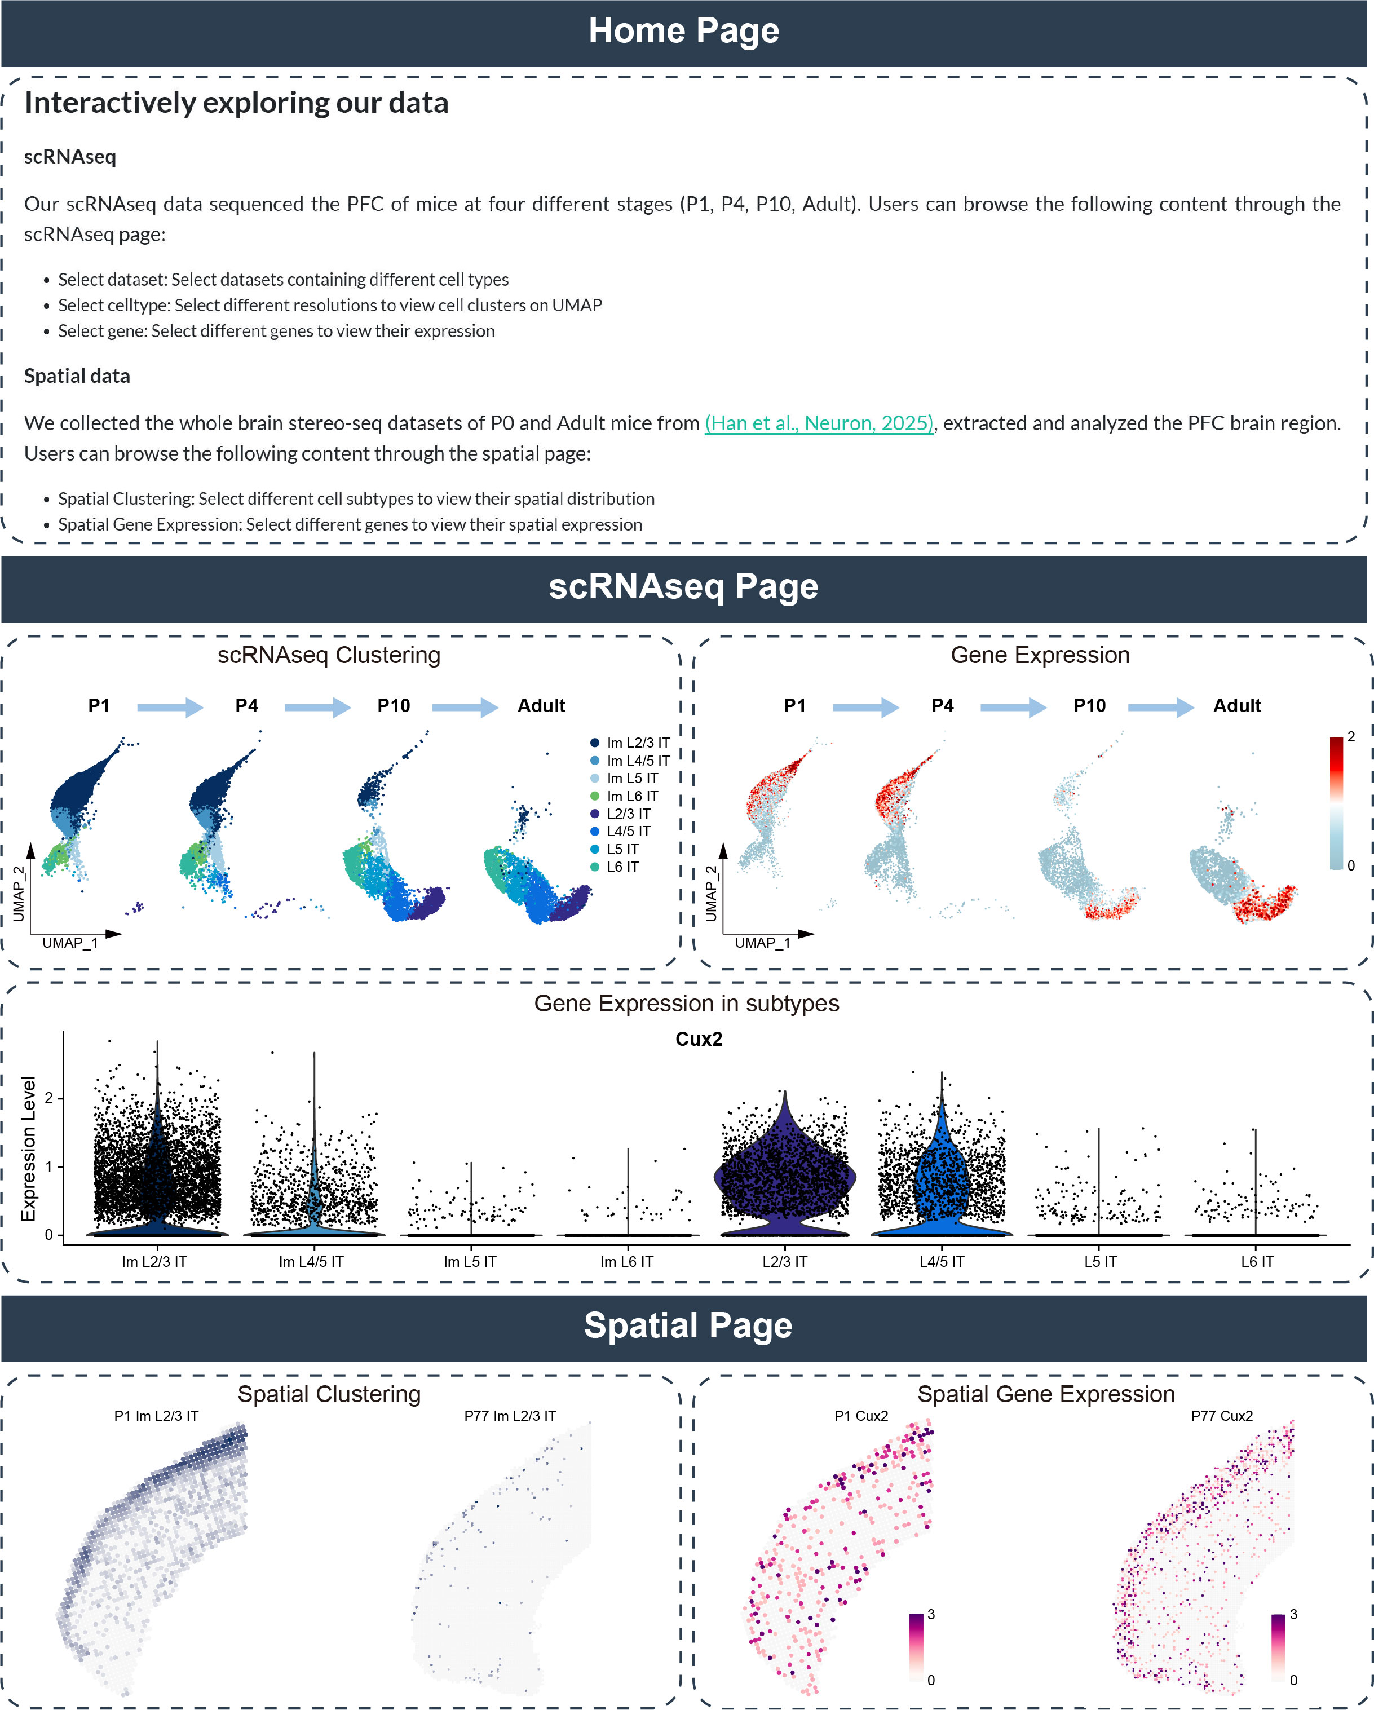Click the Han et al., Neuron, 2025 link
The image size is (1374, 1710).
[x=819, y=423]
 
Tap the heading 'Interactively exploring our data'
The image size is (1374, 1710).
[x=236, y=103]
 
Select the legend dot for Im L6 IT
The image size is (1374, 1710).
[x=594, y=796]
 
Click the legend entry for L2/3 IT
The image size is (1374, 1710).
[x=628, y=814]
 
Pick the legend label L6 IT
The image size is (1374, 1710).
[x=623, y=867]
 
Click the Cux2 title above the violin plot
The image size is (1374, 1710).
[x=698, y=1039]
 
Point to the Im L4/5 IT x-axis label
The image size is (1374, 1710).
[x=311, y=1261]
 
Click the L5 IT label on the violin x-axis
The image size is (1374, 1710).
[x=1101, y=1261]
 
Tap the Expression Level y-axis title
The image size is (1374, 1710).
[x=29, y=1148]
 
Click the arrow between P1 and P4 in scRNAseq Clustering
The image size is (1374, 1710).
[x=170, y=706]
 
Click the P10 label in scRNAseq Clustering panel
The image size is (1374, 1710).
[x=394, y=706]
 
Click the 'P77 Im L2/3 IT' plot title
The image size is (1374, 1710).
[x=510, y=1416]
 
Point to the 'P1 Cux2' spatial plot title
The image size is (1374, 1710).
[x=861, y=1416]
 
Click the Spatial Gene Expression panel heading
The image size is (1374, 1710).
[x=1045, y=1394]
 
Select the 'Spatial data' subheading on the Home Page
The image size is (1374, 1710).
[x=77, y=376]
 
